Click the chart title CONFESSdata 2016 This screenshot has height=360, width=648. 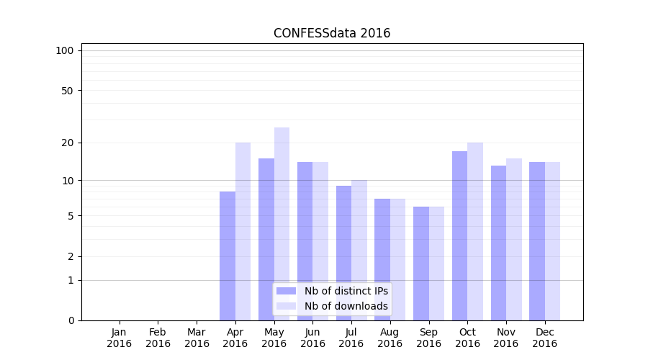pos(332,33)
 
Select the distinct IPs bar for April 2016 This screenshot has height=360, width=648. pos(228,256)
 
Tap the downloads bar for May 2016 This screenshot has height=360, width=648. pos(282,223)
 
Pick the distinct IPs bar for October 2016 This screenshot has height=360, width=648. pos(459,235)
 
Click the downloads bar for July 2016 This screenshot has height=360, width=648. pos(359,250)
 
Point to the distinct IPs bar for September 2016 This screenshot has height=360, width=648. pos(421,264)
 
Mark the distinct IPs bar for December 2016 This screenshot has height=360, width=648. pos(537,241)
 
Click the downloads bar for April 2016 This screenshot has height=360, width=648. pos(243,231)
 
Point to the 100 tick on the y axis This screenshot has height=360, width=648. pos(65,50)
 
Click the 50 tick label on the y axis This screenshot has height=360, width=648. pos(67,91)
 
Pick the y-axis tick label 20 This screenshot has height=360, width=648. pos(67,143)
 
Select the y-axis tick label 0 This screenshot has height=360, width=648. pos(71,320)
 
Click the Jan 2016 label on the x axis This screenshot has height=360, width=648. pos(120,338)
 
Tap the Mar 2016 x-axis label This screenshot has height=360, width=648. pos(197,338)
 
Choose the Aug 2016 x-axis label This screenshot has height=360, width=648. pos(390,338)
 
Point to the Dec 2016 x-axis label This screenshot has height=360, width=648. pos(544,338)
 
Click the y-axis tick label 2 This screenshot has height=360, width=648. pos(71,256)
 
